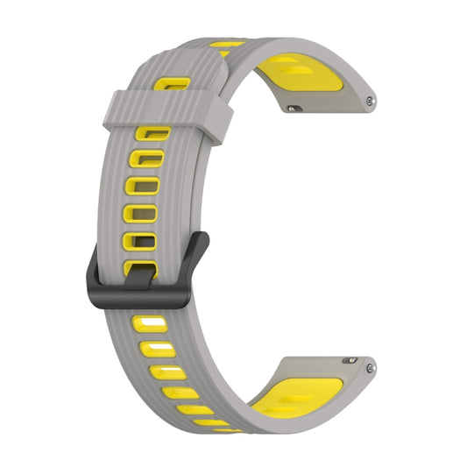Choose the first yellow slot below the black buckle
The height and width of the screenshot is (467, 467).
[x=149, y=328]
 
